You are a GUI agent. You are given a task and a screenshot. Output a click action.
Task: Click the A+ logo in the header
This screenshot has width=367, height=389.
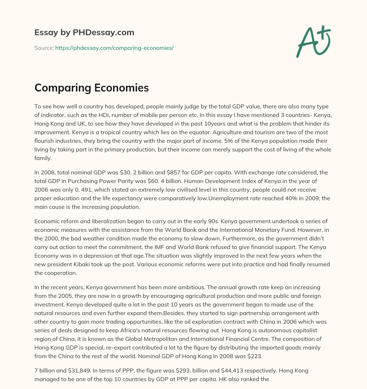[x=313, y=42]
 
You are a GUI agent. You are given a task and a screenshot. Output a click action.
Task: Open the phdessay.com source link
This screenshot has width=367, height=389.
[x=114, y=48]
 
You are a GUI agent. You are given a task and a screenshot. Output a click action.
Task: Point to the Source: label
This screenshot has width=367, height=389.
[x=44, y=48]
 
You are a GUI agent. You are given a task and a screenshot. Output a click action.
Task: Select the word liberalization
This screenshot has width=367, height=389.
[x=103, y=221]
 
